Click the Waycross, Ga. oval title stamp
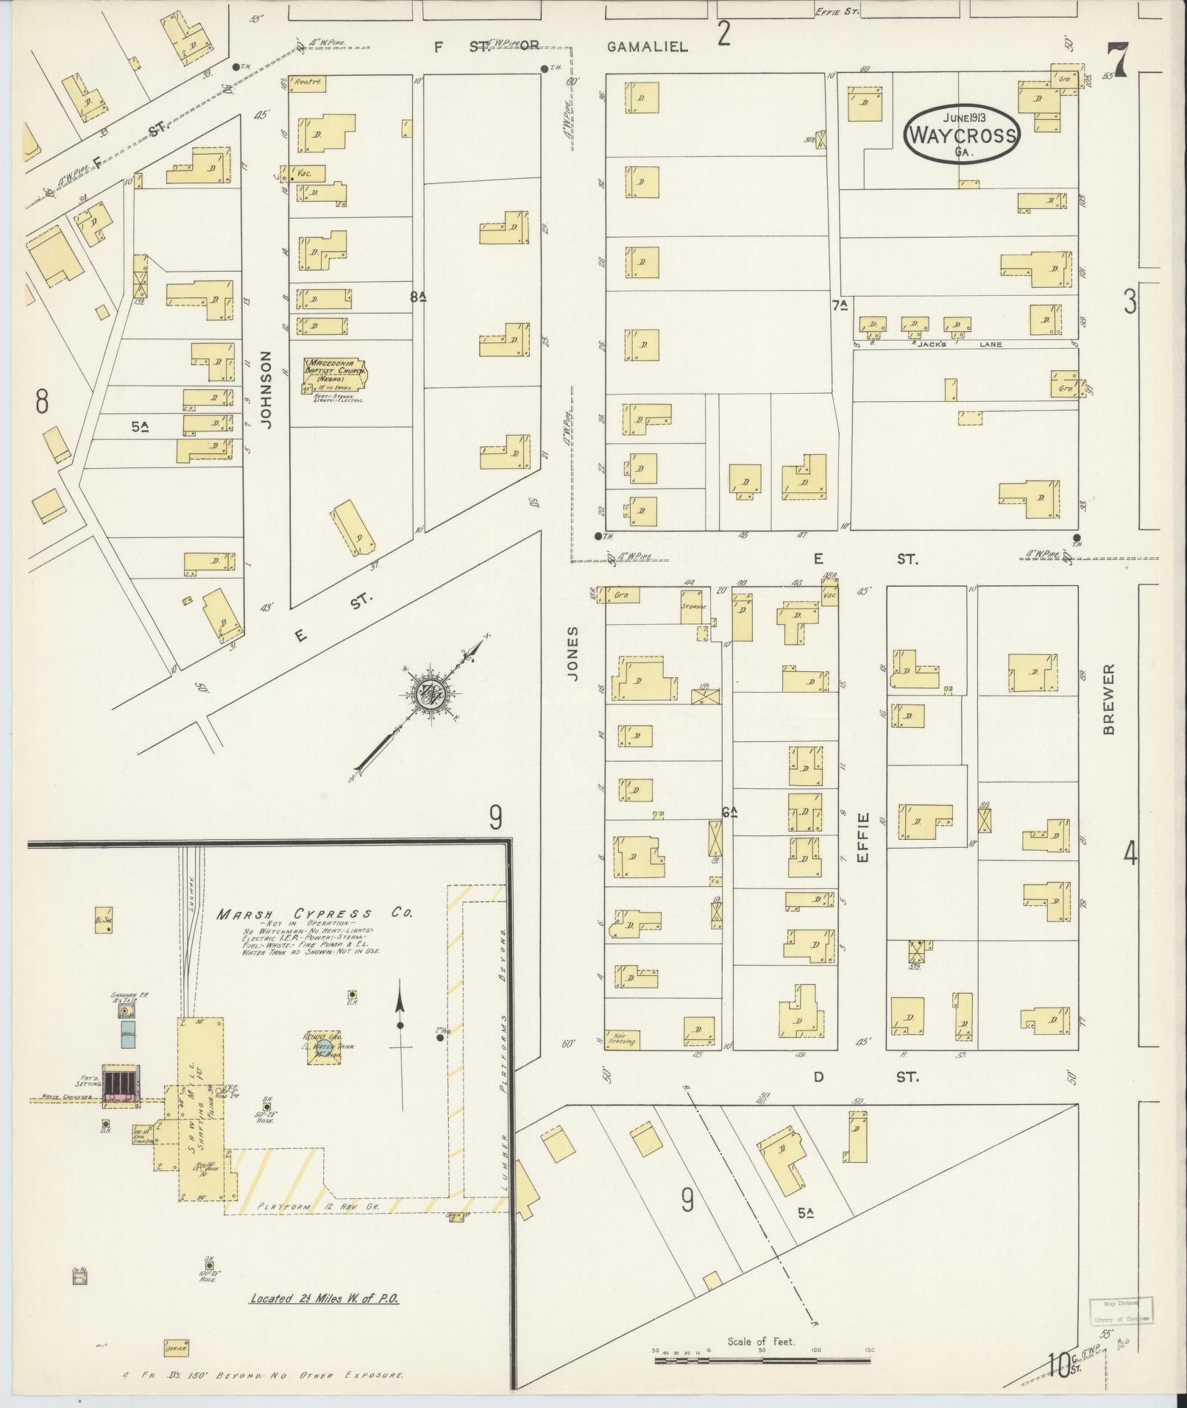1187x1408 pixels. coord(963,134)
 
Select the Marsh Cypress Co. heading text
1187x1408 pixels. coord(314,913)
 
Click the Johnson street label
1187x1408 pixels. coord(266,389)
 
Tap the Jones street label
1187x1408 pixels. coord(573,653)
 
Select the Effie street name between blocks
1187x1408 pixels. coord(863,838)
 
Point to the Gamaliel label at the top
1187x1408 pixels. coord(648,47)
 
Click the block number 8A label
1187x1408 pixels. coord(419,297)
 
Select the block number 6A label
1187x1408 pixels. coord(729,813)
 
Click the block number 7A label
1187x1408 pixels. coord(840,305)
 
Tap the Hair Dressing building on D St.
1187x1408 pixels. coord(622,1039)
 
